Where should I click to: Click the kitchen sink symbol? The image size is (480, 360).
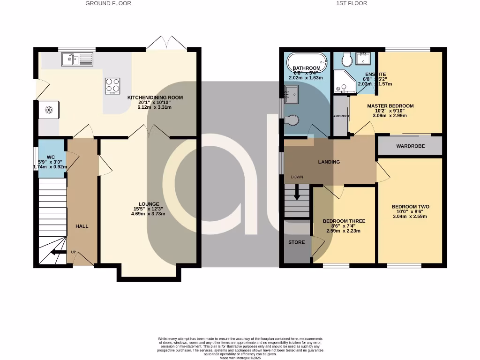(77, 59)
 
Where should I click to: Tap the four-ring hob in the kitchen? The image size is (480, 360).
(112, 85)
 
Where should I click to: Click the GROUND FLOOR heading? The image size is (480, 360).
(108, 3)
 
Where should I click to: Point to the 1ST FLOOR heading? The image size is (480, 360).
(352, 3)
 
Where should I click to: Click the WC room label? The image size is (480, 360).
(51, 157)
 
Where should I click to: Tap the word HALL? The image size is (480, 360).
(82, 226)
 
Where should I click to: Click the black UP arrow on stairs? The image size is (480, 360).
(58, 252)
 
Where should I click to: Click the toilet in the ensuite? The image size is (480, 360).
(347, 59)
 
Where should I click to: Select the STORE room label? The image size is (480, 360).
(297, 242)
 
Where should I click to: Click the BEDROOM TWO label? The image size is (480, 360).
(410, 207)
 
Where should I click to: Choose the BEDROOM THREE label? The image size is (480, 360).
(344, 221)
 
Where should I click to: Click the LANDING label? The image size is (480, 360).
(329, 162)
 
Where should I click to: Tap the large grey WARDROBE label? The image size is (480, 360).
(410, 146)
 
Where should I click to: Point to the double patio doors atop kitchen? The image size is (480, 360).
(166, 42)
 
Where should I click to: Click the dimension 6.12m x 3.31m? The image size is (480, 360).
(155, 107)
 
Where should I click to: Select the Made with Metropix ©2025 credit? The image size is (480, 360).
(240, 358)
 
